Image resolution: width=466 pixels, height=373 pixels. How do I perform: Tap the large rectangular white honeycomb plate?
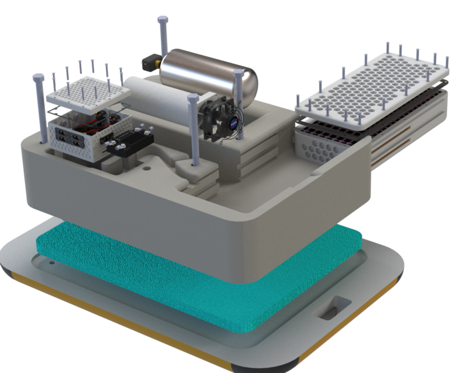(x=373, y=87)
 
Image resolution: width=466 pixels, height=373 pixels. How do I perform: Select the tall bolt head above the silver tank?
(x=162, y=22)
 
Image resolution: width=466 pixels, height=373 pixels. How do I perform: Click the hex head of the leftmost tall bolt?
(x=38, y=78)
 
